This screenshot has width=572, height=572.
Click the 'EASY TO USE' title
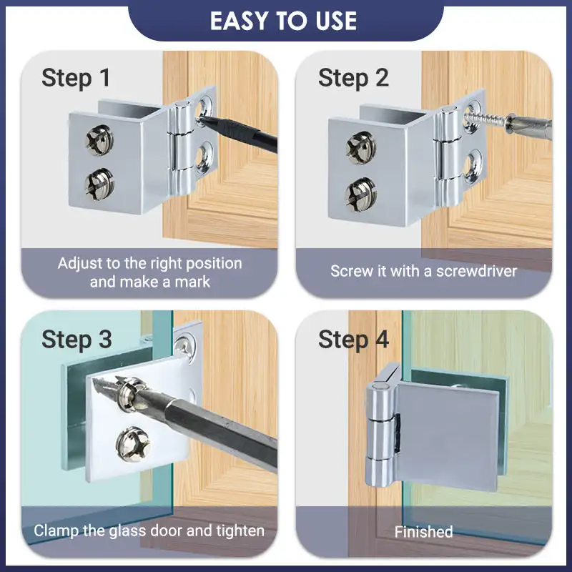click(283, 21)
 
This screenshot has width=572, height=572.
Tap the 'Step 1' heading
click(76, 78)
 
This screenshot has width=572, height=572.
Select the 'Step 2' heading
click(353, 78)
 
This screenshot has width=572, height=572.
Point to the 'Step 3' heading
click(77, 340)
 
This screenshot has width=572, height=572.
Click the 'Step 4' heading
click(353, 340)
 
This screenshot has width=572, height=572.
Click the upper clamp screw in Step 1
click(99, 140)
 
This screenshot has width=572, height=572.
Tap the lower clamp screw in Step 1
click(99, 184)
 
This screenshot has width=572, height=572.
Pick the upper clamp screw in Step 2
click(361, 148)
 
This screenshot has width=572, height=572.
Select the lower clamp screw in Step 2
click(361, 194)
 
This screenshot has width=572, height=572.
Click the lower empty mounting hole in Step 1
click(204, 157)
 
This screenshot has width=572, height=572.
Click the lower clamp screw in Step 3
click(133, 444)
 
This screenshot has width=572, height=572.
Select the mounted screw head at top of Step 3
click(185, 346)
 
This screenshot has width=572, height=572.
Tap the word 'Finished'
click(423, 531)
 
